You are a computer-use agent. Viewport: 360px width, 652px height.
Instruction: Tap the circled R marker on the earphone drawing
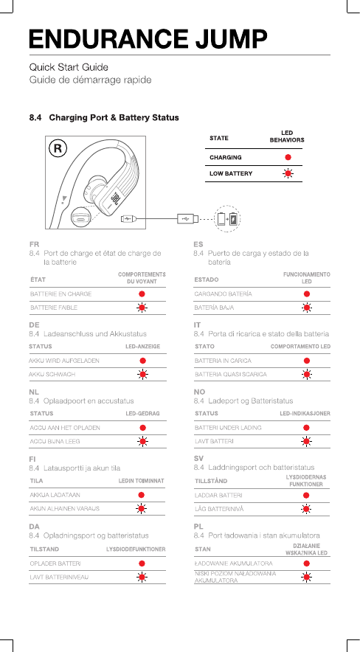click(x=58, y=149)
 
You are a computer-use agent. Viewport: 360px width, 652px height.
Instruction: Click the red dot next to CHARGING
click(x=288, y=157)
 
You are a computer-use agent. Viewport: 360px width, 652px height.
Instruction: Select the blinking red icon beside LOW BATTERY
click(x=287, y=173)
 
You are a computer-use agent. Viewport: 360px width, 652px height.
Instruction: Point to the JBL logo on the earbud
click(x=116, y=197)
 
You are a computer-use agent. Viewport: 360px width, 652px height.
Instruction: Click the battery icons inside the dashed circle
click(x=229, y=218)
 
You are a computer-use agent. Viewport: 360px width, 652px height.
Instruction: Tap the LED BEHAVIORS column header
click(x=287, y=136)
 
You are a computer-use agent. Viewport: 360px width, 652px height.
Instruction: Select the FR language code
click(x=34, y=244)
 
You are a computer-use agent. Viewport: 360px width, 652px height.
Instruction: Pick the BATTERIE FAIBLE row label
click(x=54, y=308)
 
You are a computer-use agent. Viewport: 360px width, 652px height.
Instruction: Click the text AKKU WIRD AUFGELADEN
click(x=64, y=361)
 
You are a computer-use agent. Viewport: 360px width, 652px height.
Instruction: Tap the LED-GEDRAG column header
click(x=142, y=414)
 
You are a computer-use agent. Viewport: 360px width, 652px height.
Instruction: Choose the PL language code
click(x=198, y=527)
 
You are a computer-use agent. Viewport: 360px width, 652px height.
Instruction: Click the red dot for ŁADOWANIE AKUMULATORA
click(x=307, y=563)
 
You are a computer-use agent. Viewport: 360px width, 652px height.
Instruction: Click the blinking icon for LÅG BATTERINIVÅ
click(x=306, y=509)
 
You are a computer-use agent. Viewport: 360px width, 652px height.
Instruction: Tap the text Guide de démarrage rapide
click(x=90, y=80)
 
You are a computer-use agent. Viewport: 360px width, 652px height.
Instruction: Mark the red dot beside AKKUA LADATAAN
click(x=142, y=495)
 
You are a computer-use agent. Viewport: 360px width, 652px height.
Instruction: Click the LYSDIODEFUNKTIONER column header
click(x=136, y=549)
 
